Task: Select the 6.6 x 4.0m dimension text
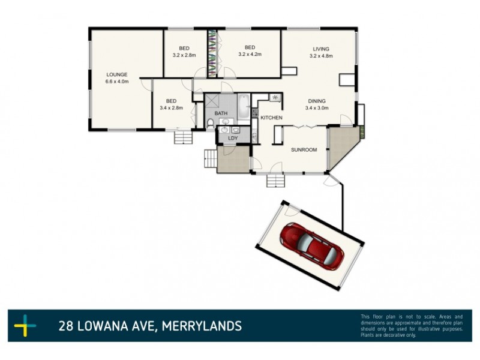point(117,82)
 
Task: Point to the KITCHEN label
point(271,118)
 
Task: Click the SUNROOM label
point(304,150)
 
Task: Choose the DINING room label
point(317,101)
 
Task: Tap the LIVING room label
point(321,49)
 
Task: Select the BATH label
point(221,113)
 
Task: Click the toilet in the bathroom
point(210,124)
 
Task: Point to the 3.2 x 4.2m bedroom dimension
point(251,55)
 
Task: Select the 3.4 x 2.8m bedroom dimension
point(172,108)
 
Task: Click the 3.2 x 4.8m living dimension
point(321,56)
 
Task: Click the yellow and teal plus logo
point(25,326)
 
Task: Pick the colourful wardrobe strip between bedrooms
point(212,53)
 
